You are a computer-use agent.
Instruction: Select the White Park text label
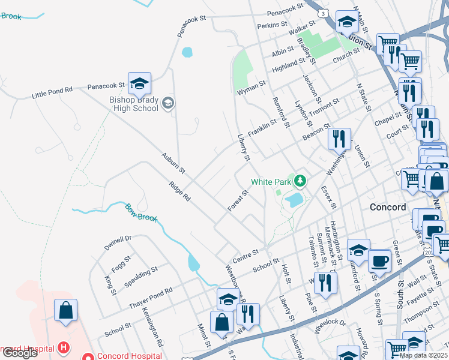click(271, 182)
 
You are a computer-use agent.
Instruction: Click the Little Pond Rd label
click(52, 92)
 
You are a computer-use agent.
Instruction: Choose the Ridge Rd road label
click(179, 191)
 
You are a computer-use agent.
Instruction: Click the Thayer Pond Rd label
click(151, 298)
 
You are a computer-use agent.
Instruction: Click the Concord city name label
click(388, 207)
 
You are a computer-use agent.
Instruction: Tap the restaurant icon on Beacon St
click(340, 139)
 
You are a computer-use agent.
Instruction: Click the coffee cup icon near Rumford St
click(379, 261)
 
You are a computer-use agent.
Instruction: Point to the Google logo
click(20, 353)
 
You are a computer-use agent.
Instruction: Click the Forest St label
click(238, 201)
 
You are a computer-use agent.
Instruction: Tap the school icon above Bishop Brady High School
click(139, 83)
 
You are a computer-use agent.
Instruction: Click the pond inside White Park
click(294, 200)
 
